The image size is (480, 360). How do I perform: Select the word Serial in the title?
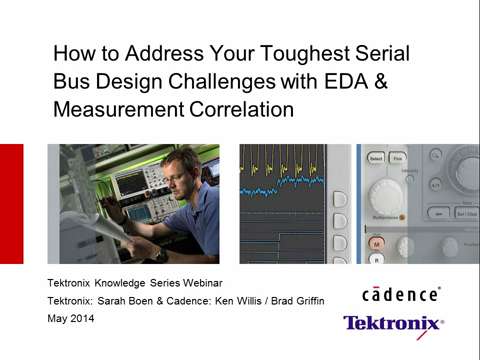click(x=384, y=53)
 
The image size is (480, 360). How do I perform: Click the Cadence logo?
click(x=401, y=294)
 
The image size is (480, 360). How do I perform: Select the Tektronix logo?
click(x=393, y=323)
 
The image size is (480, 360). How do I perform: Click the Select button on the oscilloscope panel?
click(x=377, y=157)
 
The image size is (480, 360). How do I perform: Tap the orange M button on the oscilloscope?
click(x=378, y=242)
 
